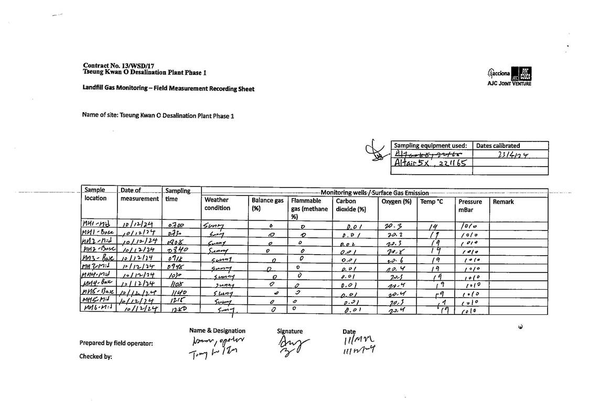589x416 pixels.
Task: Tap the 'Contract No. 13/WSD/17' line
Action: click(111, 65)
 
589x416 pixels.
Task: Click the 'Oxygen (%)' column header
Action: click(396, 202)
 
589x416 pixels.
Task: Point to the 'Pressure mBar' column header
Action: click(470, 205)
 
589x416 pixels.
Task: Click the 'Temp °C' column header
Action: click(432, 202)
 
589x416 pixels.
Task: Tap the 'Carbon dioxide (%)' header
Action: click(351, 205)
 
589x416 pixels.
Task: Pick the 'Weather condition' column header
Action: click(217, 204)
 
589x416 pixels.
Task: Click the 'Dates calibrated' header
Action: click(498, 146)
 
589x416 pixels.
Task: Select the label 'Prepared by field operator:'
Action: click(116, 344)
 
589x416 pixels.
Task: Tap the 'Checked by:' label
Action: click(95, 356)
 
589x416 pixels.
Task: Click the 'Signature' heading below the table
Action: click(290, 331)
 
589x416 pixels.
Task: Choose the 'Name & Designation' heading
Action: click(217, 331)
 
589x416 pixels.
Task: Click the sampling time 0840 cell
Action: click(175, 251)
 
